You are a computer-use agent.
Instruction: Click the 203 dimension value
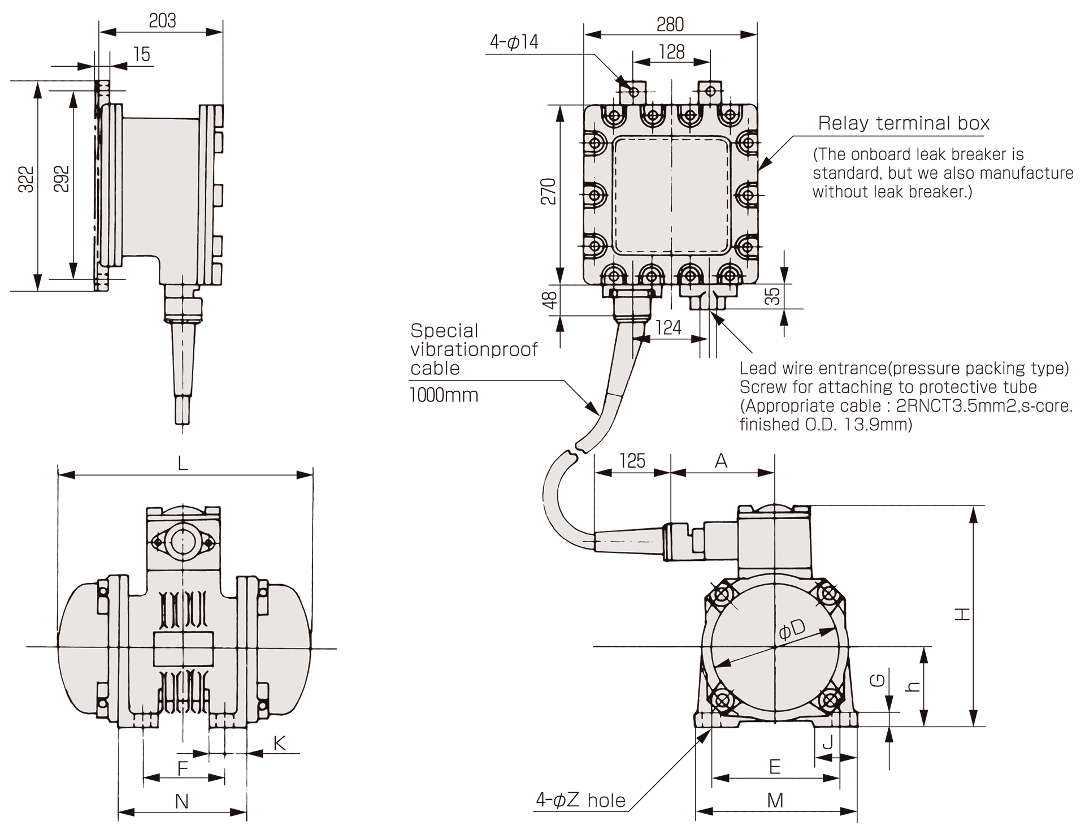click(x=162, y=21)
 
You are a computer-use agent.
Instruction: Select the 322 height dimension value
click(x=27, y=179)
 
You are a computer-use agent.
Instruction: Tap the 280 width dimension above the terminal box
click(x=670, y=24)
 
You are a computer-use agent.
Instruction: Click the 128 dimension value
click(x=671, y=52)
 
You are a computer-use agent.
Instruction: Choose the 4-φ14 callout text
click(x=514, y=42)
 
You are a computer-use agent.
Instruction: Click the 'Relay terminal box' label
click(x=904, y=123)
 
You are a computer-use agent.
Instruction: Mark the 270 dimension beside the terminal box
click(x=548, y=191)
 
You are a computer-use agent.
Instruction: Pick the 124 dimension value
click(x=669, y=327)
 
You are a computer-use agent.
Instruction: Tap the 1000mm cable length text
click(x=444, y=395)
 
